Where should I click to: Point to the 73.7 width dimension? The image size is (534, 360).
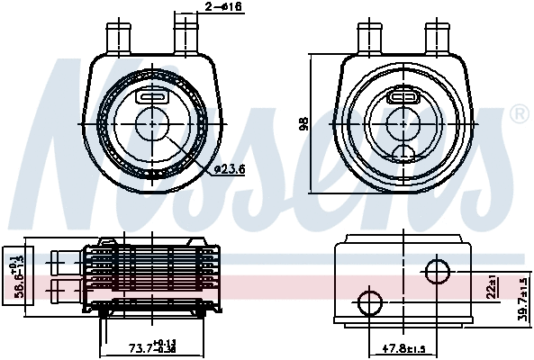pyautogui.click(x=152, y=347)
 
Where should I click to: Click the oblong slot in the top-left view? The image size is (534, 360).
pyautogui.click(x=149, y=96)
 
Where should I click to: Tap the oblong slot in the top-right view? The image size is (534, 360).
pyautogui.click(x=402, y=96)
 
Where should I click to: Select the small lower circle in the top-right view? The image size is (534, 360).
pyautogui.click(x=403, y=150)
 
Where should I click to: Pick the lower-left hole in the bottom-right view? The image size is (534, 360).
pyautogui.click(x=369, y=301)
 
